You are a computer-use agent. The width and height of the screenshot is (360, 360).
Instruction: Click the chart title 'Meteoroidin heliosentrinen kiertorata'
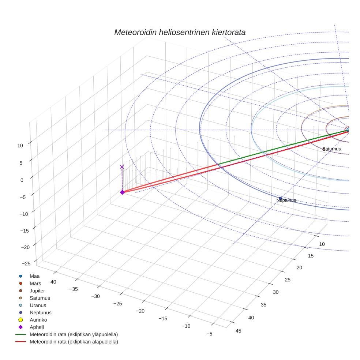click(180, 32)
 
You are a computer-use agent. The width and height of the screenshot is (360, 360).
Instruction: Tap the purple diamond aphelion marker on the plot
click(122, 192)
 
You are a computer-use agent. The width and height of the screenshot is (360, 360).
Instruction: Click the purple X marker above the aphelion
click(122, 167)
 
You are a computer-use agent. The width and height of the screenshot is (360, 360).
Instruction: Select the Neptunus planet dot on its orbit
click(280, 198)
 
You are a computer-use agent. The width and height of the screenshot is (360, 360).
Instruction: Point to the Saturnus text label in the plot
click(331, 149)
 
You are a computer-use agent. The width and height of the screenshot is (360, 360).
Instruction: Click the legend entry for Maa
click(34, 276)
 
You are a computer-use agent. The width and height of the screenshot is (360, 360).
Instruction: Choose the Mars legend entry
click(35, 283)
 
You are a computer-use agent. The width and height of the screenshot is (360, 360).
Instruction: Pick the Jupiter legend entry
click(37, 290)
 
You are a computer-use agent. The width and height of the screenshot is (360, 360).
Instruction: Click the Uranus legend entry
click(38, 305)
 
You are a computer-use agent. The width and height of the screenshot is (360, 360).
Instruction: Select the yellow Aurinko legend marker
click(20, 320)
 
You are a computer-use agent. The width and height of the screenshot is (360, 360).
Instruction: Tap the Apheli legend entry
click(36, 327)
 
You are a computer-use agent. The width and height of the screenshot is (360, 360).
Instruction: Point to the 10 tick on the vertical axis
click(20, 145)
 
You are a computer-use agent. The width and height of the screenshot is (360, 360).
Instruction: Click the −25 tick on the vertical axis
click(26, 263)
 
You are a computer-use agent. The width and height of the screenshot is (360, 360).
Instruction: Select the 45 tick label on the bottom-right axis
click(239, 331)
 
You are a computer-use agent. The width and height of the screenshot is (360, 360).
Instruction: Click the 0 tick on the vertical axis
click(22, 180)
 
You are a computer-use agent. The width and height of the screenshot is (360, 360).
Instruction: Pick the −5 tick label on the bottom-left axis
click(209, 334)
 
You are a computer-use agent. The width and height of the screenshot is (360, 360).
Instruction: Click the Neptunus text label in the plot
click(286, 200)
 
